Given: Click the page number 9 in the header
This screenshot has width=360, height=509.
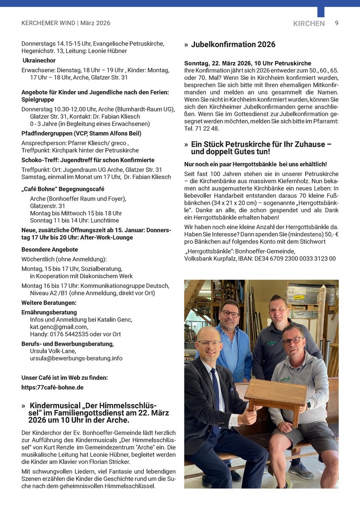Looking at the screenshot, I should [x=337, y=23].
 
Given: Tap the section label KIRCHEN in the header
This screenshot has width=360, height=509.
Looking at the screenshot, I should [x=309, y=23].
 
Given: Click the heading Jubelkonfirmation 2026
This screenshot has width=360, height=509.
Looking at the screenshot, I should [x=233, y=45].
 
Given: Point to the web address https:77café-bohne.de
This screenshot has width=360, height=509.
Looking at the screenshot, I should [x=52, y=387].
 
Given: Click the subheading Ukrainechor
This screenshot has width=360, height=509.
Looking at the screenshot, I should [x=39, y=61].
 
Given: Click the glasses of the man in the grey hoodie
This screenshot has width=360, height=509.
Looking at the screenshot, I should [x=293, y=341].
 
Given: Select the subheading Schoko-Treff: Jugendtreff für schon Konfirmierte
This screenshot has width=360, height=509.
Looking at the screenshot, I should [x=88, y=160].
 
